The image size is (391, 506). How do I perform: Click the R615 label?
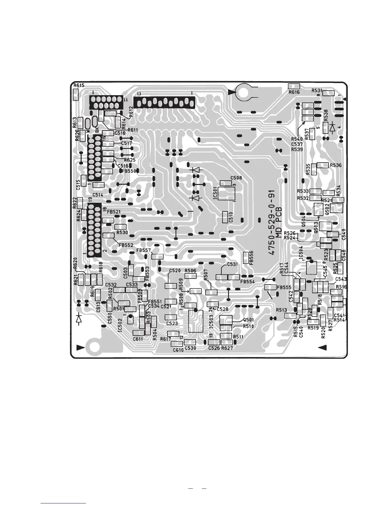pos(79,86)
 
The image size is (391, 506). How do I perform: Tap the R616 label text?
pos(294,92)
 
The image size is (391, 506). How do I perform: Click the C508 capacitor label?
pos(236,178)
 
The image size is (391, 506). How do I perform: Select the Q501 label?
pos(249,320)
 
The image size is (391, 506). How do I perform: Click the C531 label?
pos(232,264)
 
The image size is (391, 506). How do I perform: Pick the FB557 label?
pos(143,250)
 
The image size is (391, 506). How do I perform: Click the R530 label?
pos(122,233)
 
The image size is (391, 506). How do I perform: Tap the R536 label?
pos(336,165)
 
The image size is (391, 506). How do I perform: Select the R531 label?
pos(317,90)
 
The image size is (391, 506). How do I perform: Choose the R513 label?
pos(282,310)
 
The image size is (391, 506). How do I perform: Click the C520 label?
pos(175,271)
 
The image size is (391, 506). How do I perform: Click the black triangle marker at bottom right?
pos(322,347)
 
